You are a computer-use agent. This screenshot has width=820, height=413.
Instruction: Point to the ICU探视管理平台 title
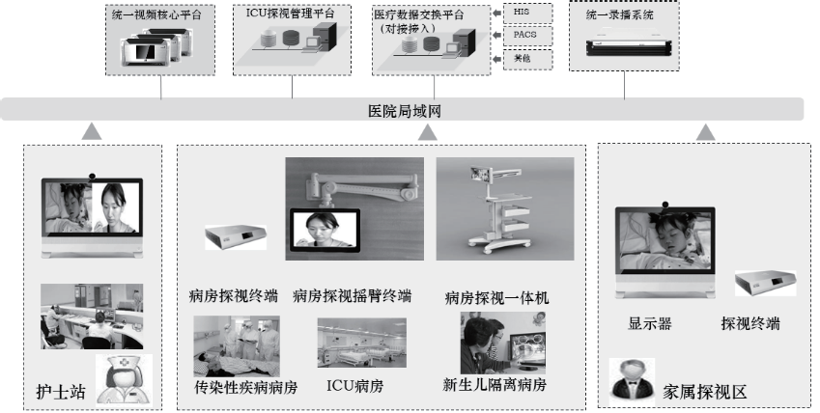click(x=291, y=14)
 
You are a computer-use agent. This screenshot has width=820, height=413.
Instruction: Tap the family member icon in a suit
click(x=633, y=379)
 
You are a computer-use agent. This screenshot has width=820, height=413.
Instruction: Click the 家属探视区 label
click(x=705, y=392)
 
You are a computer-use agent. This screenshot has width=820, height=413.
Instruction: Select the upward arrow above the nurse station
click(x=92, y=131)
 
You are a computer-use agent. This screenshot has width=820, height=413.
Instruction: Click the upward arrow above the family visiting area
click(x=707, y=131)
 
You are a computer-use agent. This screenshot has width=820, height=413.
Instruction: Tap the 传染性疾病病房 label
click(x=245, y=387)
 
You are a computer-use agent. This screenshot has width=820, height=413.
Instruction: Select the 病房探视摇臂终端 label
click(x=352, y=295)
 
